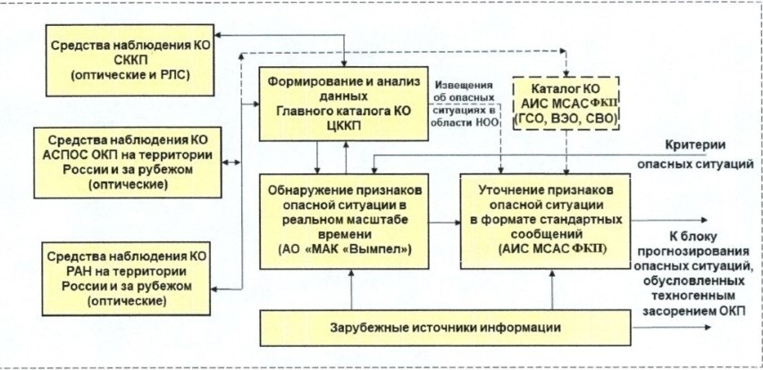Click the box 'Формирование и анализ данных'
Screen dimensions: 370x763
pyautogui.click(x=343, y=104)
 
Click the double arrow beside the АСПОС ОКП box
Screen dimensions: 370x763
pyautogui.click(x=230, y=162)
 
